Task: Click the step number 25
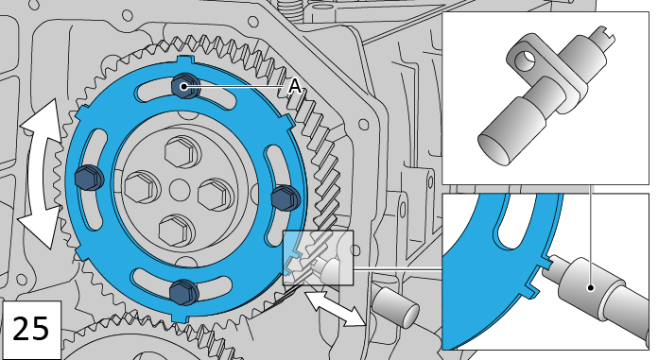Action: (32, 329)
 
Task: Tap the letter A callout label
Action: (295, 86)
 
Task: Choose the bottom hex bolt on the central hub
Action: (175, 229)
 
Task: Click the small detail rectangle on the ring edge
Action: (317, 258)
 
